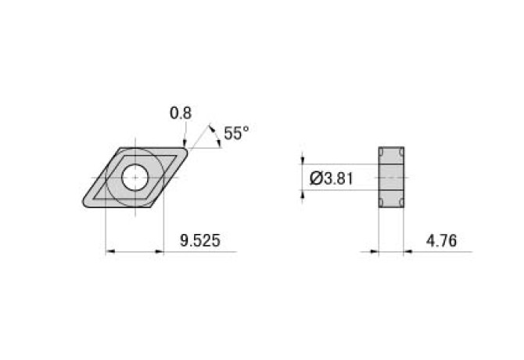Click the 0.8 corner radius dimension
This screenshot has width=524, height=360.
coord(180,113)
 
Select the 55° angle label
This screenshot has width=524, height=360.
coord(235,134)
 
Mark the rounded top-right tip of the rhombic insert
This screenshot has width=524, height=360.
coord(185,149)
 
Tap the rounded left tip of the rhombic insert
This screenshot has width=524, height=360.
coord(85,202)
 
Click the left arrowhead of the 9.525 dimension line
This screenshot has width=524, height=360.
coord(110,252)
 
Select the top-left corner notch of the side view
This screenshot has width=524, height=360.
coord(382,152)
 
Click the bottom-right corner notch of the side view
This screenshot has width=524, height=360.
coord(402,203)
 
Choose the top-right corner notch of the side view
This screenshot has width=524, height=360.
coord(402,152)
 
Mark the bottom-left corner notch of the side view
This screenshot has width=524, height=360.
coord(382,203)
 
